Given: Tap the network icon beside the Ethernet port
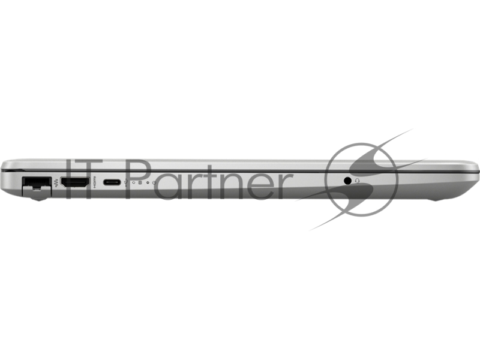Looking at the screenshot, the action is point(56,184).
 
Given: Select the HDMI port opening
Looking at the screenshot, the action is point(75,183).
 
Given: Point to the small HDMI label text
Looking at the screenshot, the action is point(94,182).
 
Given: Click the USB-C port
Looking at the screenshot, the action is point(112,182).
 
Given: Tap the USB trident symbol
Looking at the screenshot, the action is point(127,182).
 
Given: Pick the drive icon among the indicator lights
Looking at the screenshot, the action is point(140,183).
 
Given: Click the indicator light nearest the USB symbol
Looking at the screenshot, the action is point(134,182).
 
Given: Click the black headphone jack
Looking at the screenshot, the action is point(347,181).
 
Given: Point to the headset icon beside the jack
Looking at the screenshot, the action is point(357,181).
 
